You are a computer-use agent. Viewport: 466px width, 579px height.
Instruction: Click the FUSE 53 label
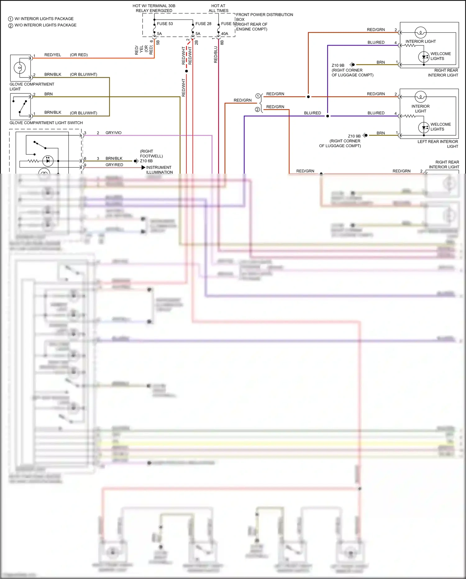(165, 24)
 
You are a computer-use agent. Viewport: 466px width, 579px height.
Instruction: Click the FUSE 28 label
(203, 24)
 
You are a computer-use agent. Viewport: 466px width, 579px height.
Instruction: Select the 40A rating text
(224, 34)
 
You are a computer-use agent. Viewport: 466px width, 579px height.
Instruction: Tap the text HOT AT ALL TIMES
(218, 8)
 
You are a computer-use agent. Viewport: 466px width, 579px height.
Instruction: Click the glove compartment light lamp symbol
(20, 68)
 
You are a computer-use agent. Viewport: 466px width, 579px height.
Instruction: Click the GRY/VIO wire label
(113, 133)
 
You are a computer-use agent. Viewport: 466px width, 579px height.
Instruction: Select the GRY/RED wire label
(114, 165)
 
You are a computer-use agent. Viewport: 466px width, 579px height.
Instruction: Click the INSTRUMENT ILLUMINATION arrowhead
(143, 167)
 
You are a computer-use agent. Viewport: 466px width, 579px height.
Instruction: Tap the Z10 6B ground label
(146, 161)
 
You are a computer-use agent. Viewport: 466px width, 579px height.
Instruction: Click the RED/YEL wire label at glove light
(53, 55)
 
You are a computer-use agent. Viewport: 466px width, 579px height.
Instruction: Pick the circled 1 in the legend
(11, 19)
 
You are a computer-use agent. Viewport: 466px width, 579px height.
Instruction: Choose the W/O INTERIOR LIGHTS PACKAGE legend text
(45, 25)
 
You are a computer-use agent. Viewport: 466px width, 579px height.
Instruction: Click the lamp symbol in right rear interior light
(421, 32)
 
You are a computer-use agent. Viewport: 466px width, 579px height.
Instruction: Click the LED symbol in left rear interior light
(424, 127)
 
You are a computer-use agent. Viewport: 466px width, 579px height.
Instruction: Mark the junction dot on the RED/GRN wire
(308, 97)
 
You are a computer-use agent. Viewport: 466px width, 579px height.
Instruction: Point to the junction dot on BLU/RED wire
(327, 116)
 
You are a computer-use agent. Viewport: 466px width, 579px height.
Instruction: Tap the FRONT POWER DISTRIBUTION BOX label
(264, 17)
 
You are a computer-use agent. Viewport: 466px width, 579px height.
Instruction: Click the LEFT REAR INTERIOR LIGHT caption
(438, 144)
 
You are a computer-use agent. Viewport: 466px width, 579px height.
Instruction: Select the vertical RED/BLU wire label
(216, 55)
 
